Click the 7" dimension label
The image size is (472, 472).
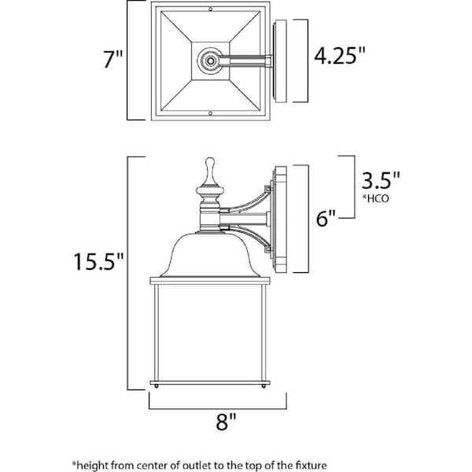tap(113, 59)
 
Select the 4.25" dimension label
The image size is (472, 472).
tap(340, 55)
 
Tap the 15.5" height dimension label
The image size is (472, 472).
tap(99, 261)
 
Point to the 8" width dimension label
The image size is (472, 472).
tap(226, 422)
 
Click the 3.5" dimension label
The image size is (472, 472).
tap(381, 180)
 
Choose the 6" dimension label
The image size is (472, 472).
tap(326, 218)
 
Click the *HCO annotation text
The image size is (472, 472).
tap(376, 198)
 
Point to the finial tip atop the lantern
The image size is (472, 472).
tap(210, 159)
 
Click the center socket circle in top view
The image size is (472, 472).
tap(210, 61)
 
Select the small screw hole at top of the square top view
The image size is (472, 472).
tap(210, 9)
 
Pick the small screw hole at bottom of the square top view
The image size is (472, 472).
tap(210, 113)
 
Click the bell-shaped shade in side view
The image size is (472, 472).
tap(210, 255)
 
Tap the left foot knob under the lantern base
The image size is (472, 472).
tap(157, 386)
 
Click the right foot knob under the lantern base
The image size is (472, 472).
tap(264, 386)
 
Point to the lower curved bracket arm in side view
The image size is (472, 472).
tap(248, 238)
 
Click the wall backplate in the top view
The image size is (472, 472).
tap(280, 61)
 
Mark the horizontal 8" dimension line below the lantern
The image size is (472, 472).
tap(218, 409)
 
